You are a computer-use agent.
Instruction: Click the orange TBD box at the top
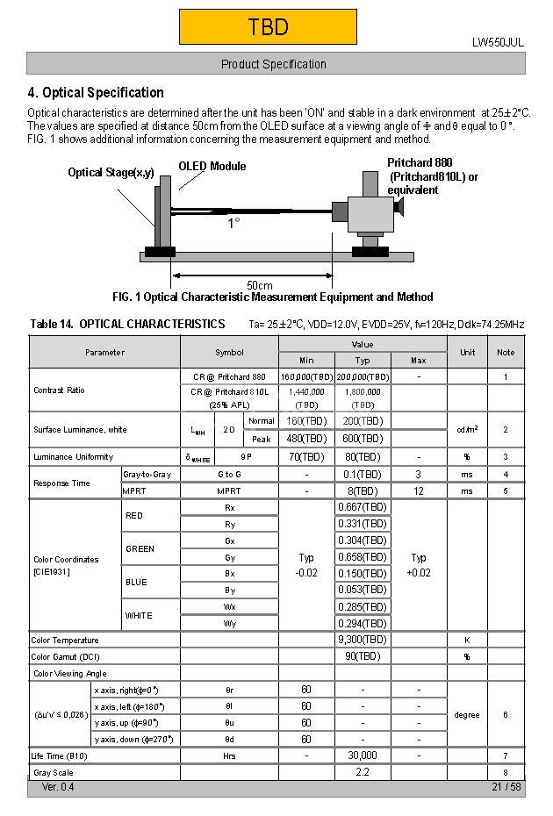coord(268,27)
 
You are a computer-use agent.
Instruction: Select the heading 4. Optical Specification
coord(96,93)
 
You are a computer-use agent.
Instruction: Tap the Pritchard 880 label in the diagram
coord(420,163)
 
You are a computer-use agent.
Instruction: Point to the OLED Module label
coord(212,166)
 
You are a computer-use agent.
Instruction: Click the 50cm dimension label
coord(259,285)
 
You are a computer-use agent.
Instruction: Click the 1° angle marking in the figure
coord(234,224)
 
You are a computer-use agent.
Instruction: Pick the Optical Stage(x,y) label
coord(111,173)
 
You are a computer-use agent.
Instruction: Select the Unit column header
coord(467,352)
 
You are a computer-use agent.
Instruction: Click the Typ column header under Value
coord(363,360)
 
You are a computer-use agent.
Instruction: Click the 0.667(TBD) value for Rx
coord(363,507)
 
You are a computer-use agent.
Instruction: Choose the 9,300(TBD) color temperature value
coord(363,640)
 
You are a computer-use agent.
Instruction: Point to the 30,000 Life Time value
coord(363,755)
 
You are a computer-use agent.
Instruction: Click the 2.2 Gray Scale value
coord(363,772)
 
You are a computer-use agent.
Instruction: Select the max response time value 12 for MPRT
coord(419,491)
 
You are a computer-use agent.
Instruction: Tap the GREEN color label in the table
coord(140,549)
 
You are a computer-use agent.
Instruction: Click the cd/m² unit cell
coord(467,429)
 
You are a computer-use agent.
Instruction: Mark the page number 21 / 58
coord(506,787)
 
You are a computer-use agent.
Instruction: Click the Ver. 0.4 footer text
coord(58,787)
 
